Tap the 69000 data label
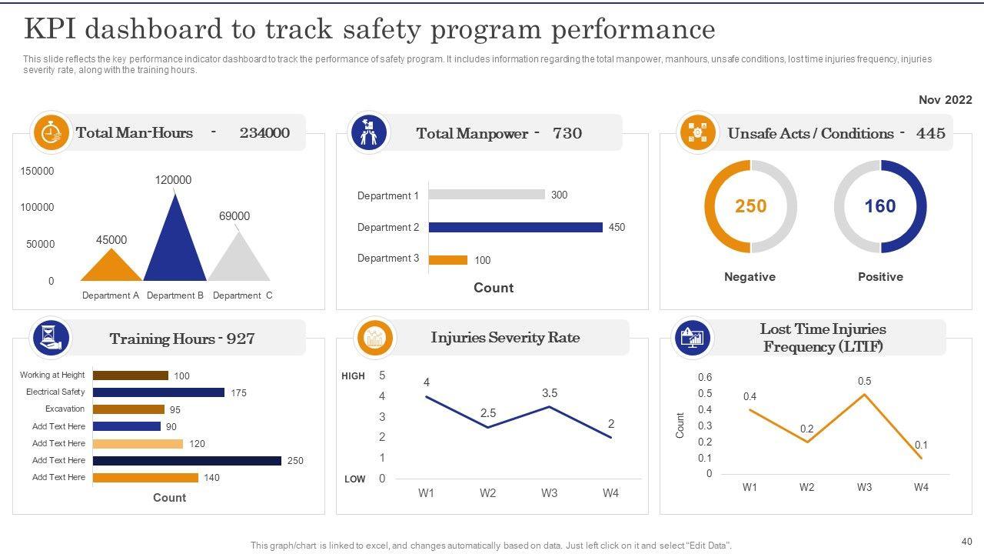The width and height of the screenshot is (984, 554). click(x=234, y=216)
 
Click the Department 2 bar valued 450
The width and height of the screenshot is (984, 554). click(x=515, y=227)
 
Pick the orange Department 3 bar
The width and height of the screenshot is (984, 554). click(x=447, y=260)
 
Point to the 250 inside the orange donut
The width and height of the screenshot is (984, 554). click(x=750, y=206)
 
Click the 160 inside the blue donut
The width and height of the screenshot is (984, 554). click(x=880, y=206)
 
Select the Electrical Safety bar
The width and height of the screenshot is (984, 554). click(x=158, y=392)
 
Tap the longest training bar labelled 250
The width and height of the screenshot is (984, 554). click(x=187, y=460)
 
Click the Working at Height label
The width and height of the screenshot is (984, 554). click(x=52, y=375)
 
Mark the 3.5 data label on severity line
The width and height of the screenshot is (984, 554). click(x=549, y=393)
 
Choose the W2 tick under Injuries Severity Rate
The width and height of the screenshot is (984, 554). click(x=487, y=493)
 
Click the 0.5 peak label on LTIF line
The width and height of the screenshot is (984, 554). click(x=864, y=382)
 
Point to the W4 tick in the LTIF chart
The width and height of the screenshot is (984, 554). click(x=921, y=487)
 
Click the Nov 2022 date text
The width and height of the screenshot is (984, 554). click(x=945, y=100)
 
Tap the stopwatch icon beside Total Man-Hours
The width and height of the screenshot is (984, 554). click(x=51, y=132)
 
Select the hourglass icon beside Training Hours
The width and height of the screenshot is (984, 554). click(x=50, y=338)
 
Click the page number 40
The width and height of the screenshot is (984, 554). click(x=966, y=541)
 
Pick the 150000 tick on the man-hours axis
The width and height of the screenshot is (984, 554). click(x=37, y=171)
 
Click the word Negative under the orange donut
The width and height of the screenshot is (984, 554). click(x=750, y=277)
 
